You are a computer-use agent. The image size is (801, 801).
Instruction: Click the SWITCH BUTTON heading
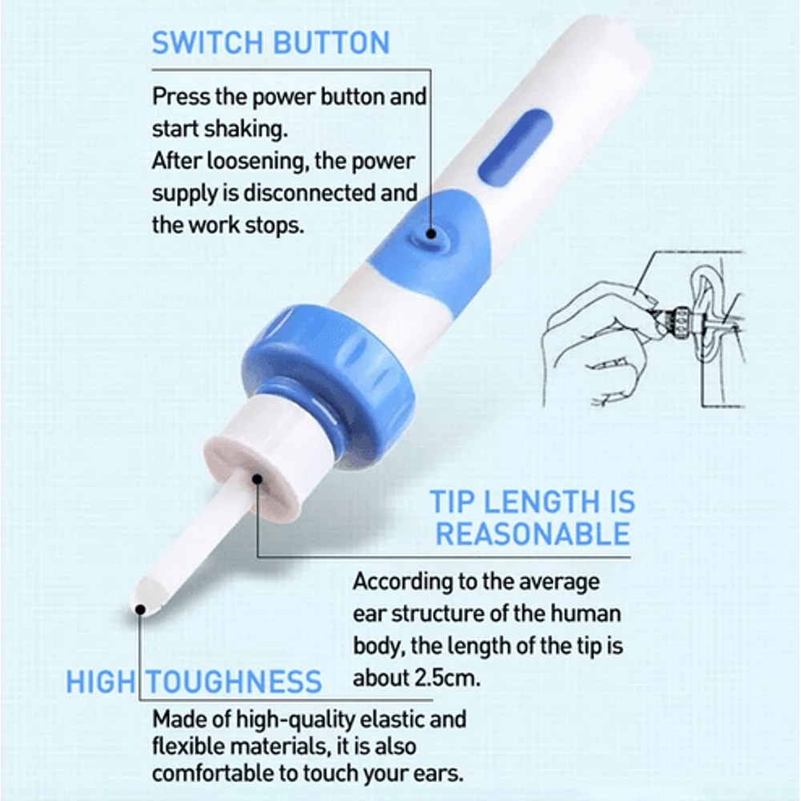[271, 42]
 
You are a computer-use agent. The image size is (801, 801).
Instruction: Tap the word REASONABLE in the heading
[533, 534]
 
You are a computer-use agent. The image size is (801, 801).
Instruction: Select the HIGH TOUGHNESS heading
[194, 682]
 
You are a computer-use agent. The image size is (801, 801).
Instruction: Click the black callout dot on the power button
[432, 233]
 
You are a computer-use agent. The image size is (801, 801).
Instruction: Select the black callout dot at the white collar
[258, 480]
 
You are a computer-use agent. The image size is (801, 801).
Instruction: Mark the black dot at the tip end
[140, 610]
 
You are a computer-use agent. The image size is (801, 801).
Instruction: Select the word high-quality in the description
[289, 718]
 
